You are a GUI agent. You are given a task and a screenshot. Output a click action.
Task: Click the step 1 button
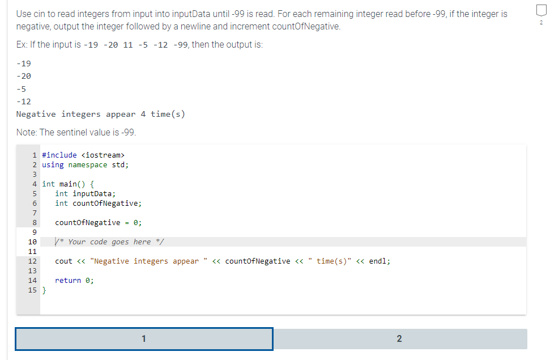tap(144, 339)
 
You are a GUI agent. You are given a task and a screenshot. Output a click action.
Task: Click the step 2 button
tap(399, 339)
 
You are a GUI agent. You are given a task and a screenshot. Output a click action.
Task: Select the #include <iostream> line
tap(83, 155)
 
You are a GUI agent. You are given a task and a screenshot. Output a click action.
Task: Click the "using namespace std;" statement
tap(86, 164)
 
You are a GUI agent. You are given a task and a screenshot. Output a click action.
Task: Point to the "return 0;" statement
tap(74, 280)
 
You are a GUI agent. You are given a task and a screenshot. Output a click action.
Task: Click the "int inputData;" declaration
tap(86, 193)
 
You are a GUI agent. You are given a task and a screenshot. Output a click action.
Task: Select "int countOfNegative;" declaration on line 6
tap(99, 203)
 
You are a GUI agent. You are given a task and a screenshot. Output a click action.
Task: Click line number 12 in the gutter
tap(32, 261)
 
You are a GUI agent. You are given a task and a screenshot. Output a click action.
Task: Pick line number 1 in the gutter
tap(35, 155)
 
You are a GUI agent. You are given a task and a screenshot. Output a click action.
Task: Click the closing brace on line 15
tap(45, 290)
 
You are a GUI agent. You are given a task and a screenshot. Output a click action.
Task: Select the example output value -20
tap(24, 75)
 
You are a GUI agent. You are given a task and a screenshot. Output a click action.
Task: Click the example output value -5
tap(22, 88)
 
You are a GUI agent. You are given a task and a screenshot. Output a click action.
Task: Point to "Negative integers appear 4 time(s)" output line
tap(101, 114)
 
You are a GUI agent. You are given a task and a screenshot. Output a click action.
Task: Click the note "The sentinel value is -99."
tap(76, 133)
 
